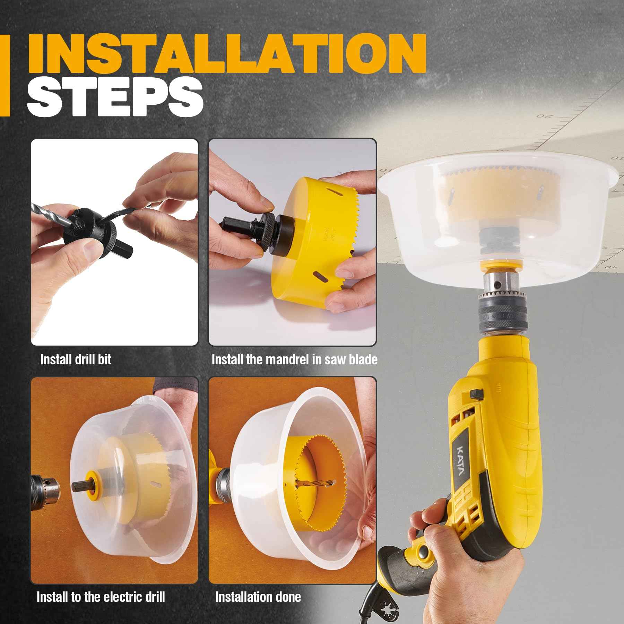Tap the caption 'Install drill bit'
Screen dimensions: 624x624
[x=76, y=359]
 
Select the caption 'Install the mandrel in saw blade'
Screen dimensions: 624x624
[x=294, y=359]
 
